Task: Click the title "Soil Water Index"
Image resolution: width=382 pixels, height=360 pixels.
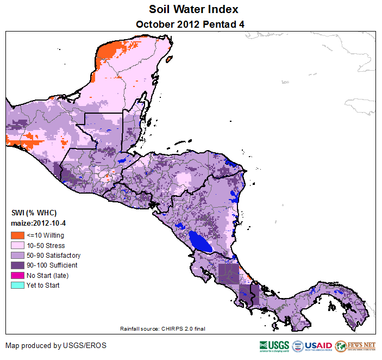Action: (x=193, y=10)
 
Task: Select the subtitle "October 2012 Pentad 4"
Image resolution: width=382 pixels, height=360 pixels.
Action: (x=193, y=24)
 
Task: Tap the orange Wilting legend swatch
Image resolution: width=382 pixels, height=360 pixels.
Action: (x=17, y=235)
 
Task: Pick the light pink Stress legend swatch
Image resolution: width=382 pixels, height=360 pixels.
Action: (x=17, y=245)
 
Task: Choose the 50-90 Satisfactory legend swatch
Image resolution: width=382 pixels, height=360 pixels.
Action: (x=17, y=255)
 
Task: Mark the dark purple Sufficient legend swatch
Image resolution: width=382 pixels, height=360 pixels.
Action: (x=17, y=265)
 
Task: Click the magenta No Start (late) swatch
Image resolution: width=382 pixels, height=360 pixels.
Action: (x=17, y=275)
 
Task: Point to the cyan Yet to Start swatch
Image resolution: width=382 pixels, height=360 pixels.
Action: (x=17, y=285)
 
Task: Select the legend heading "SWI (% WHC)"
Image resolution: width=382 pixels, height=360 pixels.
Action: (x=34, y=212)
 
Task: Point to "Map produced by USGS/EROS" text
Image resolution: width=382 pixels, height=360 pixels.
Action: (x=56, y=345)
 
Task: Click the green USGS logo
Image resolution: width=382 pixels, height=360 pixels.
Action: (x=275, y=346)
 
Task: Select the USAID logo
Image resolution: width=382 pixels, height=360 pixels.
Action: (x=313, y=346)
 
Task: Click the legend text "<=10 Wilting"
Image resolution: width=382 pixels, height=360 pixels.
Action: (x=45, y=235)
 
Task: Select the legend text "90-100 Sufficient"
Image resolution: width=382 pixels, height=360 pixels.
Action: (x=52, y=265)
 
